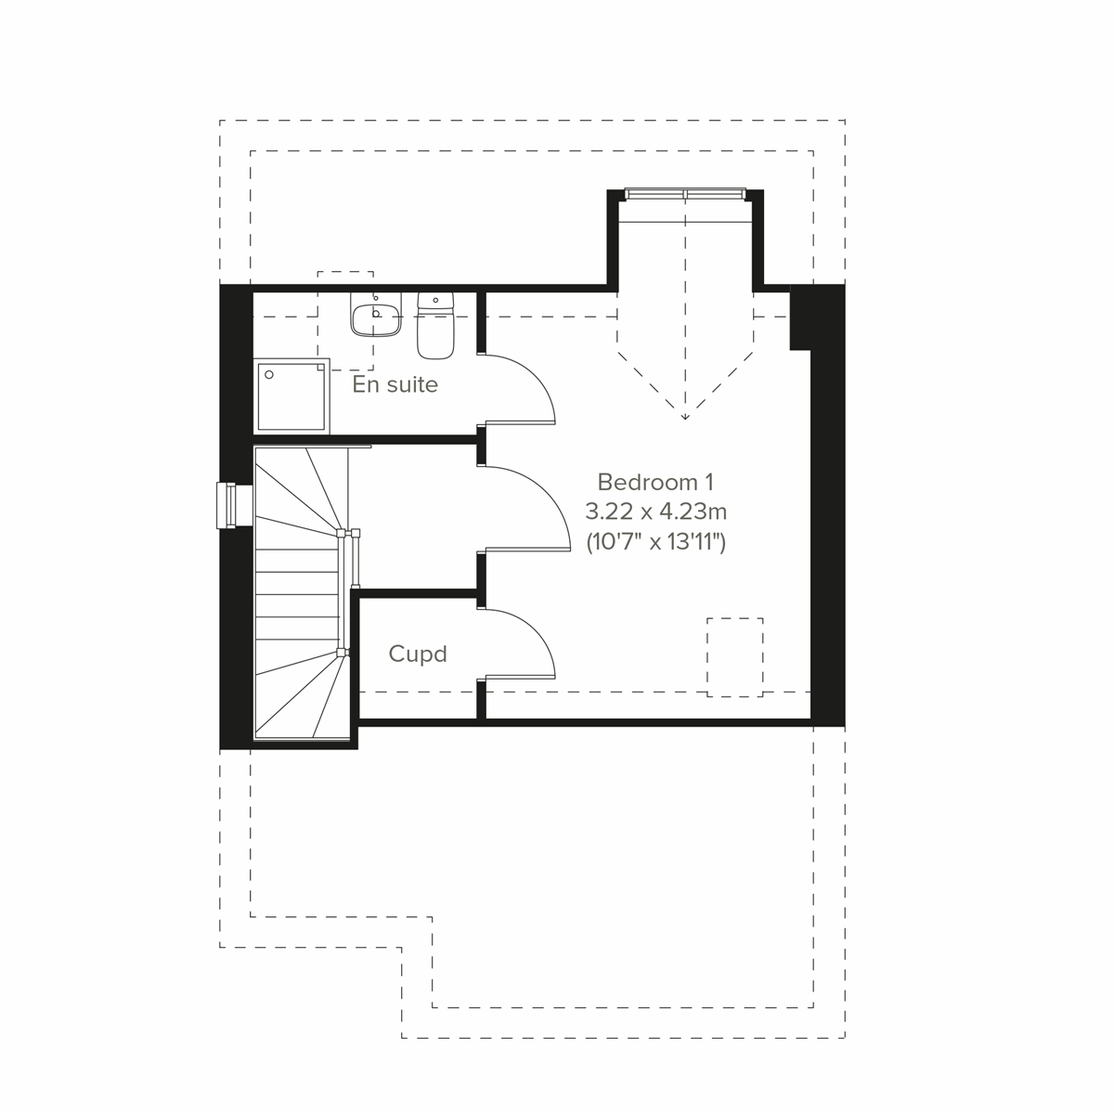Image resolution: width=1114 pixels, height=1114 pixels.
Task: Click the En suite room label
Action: pos(395,384)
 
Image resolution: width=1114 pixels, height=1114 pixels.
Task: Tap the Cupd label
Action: pos(418,654)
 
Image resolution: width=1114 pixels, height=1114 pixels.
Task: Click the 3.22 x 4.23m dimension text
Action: pos(654,512)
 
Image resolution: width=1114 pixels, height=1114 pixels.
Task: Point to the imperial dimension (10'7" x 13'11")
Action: pos(654,542)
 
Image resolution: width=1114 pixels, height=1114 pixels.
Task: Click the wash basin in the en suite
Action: pos(375,315)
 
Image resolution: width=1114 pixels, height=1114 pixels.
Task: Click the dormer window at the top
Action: pos(685,194)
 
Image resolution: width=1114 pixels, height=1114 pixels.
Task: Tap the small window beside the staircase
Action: pos(226,505)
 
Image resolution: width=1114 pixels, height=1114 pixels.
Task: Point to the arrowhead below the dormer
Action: pos(685,416)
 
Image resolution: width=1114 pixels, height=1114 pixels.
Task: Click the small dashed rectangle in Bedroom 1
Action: pos(734,656)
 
